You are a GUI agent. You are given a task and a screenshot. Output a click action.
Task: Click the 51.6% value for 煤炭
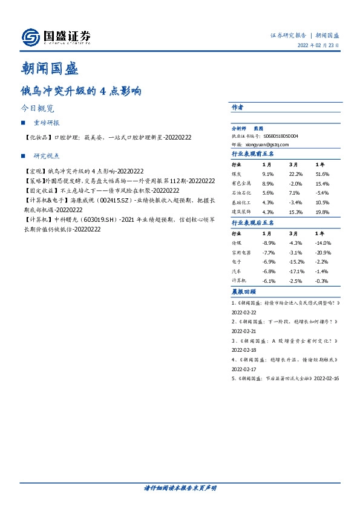[x=322, y=173]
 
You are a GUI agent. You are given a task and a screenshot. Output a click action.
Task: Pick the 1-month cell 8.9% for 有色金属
[x=268, y=183]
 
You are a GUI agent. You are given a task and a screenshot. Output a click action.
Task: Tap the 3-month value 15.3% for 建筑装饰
[x=296, y=212]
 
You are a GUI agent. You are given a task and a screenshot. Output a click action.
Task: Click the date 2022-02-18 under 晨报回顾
[x=245, y=349]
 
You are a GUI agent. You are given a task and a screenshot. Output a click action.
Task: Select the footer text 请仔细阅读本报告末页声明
[x=180, y=487]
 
